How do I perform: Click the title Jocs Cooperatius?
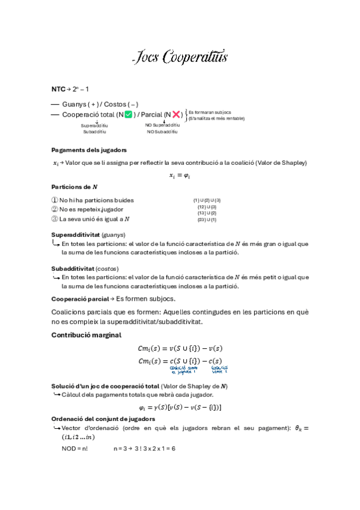(x=180, y=58)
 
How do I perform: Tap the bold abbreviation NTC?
(x=58, y=89)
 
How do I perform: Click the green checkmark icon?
(x=128, y=114)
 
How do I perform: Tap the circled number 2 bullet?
(x=55, y=209)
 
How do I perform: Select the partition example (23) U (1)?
(x=207, y=220)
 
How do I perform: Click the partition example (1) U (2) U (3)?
(x=207, y=200)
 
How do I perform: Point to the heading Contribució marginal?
(x=86, y=335)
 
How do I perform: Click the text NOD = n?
(x=75, y=449)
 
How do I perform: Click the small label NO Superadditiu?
(x=162, y=125)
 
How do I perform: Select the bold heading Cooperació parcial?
(x=81, y=298)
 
